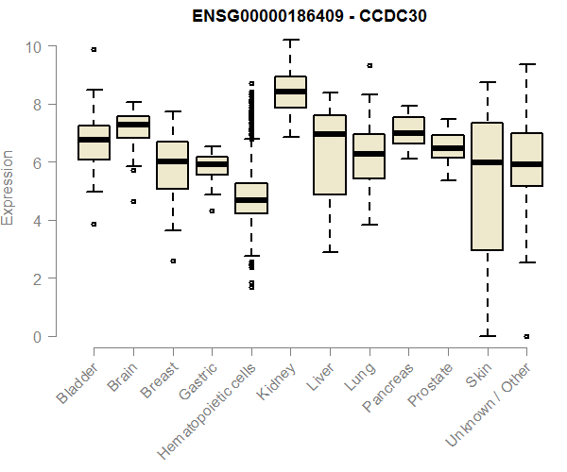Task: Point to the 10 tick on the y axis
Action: point(33,46)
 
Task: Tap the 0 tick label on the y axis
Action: point(37,337)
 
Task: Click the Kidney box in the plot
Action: point(290,93)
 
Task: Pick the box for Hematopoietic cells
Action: point(251,198)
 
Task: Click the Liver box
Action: point(330,155)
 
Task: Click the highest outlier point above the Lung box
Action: point(369,66)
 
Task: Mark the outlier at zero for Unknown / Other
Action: point(526,336)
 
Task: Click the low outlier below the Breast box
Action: point(173,261)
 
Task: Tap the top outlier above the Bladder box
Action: point(94,49)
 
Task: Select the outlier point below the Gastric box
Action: point(212,211)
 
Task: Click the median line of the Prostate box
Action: point(448,148)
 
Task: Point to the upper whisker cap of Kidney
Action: point(290,41)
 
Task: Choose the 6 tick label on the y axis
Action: point(37,163)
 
